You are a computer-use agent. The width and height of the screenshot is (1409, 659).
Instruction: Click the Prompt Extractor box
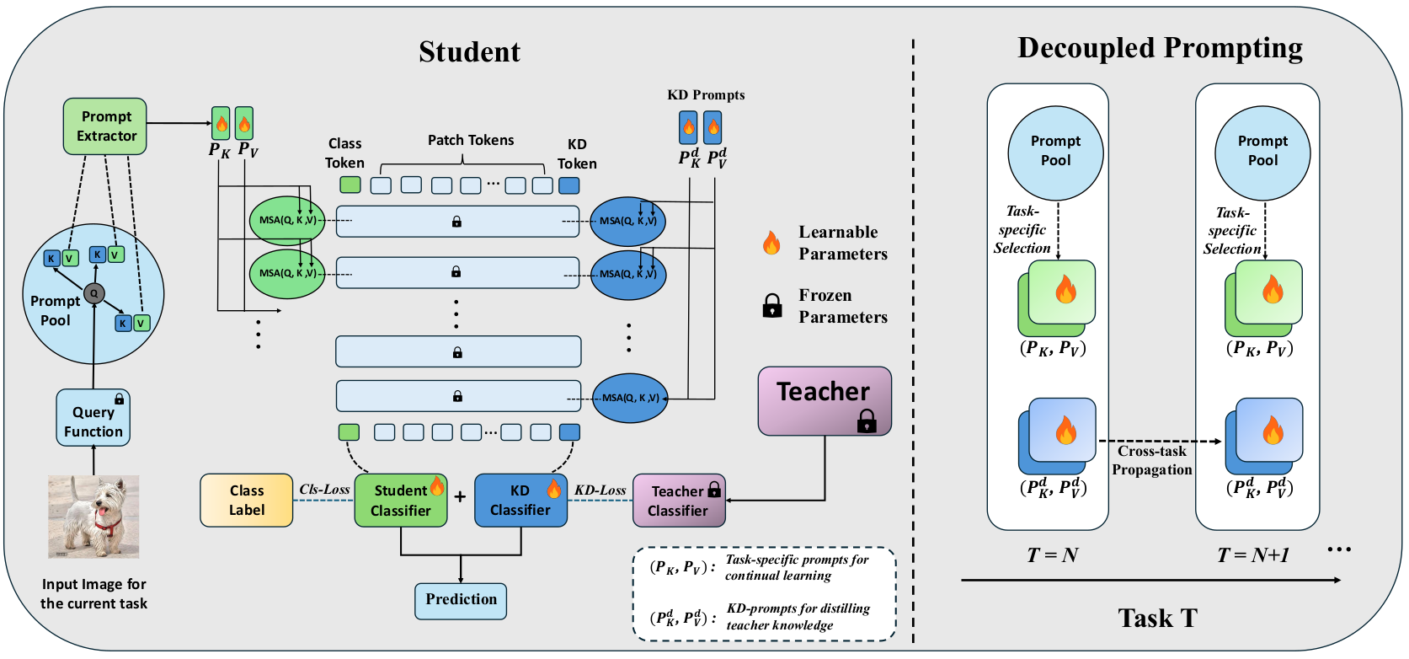click(x=105, y=126)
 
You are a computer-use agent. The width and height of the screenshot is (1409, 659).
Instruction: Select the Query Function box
click(x=93, y=418)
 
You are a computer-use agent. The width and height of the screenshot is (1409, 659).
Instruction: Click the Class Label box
click(x=247, y=501)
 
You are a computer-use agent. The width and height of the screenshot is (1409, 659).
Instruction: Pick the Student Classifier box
click(x=401, y=501)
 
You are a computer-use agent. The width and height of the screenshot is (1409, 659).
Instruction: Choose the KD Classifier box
click(x=520, y=501)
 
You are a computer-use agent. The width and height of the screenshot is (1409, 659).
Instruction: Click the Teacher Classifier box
click(x=678, y=501)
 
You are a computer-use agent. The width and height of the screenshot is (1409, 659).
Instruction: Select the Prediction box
click(x=461, y=600)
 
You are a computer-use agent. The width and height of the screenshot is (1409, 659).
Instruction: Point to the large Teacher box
click(x=824, y=400)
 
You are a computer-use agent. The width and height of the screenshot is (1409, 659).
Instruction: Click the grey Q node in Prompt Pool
click(x=93, y=293)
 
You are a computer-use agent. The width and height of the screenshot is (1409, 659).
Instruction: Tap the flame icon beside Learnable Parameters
click(x=771, y=243)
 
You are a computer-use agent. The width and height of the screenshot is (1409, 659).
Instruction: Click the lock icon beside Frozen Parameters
click(x=772, y=306)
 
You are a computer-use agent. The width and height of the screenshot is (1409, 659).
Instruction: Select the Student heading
click(x=469, y=52)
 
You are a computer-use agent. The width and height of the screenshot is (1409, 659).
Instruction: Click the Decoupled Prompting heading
click(x=1160, y=48)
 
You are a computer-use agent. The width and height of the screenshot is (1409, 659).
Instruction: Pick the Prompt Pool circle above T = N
click(x=1055, y=152)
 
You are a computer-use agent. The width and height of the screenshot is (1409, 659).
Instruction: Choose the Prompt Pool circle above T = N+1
click(x=1262, y=152)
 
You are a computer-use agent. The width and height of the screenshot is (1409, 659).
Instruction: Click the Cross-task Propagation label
click(x=1152, y=461)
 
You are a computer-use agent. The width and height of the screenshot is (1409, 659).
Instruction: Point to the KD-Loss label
click(x=600, y=490)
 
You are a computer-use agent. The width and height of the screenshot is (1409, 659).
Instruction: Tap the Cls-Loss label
click(x=324, y=489)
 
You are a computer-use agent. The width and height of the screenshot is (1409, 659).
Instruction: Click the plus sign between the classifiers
click(x=460, y=497)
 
